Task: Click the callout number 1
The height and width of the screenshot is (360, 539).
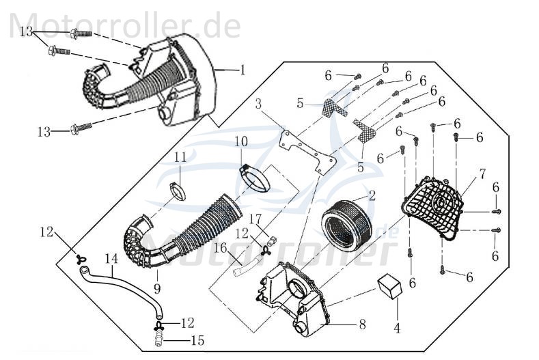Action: (241, 70)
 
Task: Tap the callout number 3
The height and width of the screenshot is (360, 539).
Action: (258, 105)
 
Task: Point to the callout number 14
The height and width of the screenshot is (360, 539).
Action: (111, 260)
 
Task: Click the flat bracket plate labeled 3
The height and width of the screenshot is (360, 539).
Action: (307, 150)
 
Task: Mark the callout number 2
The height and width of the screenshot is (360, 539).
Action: (372, 195)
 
